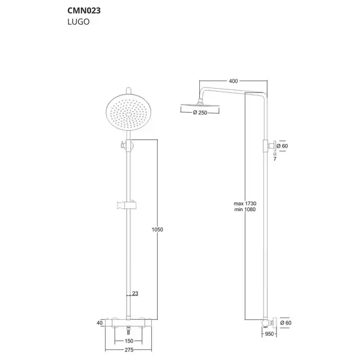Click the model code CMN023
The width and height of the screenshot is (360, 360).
[84, 11]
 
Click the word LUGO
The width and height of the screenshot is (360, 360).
[79, 22]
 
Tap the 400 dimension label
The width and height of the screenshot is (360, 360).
[233, 81]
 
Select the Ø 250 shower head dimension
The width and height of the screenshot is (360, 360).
[200, 113]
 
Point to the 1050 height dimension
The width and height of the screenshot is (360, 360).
[157, 229]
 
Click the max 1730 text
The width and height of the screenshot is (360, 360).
[245, 203]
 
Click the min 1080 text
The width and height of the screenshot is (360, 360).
[245, 209]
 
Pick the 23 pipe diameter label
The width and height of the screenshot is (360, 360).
[135, 293]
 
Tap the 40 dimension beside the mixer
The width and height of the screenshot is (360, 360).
[100, 323]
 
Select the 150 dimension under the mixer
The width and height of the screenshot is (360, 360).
[129, 341]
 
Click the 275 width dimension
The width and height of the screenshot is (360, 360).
[129, 350]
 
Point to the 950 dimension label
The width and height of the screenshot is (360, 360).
[269, 334]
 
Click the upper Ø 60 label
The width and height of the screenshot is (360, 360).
[282, 146]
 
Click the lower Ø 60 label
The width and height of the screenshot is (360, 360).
[286, 323]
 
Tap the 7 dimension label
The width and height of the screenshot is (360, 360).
[275, 159]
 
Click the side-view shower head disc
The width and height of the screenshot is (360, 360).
[200, 106]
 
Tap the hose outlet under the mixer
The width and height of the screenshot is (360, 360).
[128, 332]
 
